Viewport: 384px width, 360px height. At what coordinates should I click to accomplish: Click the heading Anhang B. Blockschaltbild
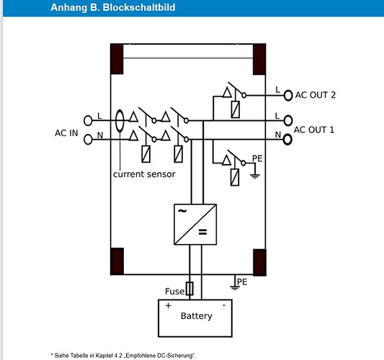(113, 7)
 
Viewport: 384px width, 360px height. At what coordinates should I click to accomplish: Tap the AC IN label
(66, 133)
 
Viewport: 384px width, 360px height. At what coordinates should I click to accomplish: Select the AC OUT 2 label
(315, 95)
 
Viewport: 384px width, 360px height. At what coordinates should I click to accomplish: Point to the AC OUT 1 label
(314, 130)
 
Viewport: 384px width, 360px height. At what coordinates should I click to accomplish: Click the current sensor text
(144, 174)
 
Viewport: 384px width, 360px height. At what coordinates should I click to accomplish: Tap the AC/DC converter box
(195, 224)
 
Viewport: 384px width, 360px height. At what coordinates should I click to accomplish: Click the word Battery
(197, 315)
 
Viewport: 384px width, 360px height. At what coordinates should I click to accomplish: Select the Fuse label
(174, 291)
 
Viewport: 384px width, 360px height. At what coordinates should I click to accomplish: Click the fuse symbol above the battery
(189, 289)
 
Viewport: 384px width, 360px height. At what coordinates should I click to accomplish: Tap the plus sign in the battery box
(169, 306)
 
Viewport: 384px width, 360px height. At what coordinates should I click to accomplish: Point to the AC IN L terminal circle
(88, 121)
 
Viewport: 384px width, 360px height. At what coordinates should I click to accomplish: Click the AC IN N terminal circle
(88, 140)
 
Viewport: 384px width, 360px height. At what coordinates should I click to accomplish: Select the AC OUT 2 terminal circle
(288, 96)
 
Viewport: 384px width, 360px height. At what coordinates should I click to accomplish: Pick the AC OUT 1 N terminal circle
(287, 140)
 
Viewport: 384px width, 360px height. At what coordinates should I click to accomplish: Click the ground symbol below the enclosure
(235, 287)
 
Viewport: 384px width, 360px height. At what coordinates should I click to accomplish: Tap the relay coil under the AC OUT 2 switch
(236, 109)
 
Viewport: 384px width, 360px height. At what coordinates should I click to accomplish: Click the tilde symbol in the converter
(182, 211)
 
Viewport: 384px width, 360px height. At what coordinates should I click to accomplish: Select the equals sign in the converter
(202, 232)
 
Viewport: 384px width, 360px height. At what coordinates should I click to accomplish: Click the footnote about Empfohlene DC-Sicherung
(123, 356)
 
